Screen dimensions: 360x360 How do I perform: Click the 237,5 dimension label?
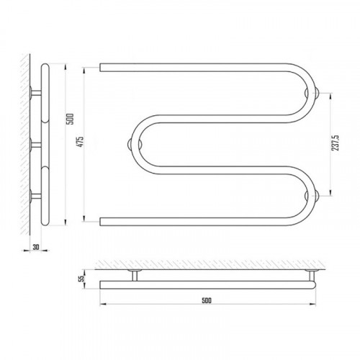tap(336, 143)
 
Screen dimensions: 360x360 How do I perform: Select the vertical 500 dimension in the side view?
tap(71, 119)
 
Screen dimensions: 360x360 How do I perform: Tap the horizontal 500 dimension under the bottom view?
tap(207, 300)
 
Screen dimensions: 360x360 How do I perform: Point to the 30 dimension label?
tap(36, 247)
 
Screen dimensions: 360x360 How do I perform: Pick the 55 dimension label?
tap(81, 279)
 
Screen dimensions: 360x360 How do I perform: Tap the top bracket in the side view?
tap(35, 93)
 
